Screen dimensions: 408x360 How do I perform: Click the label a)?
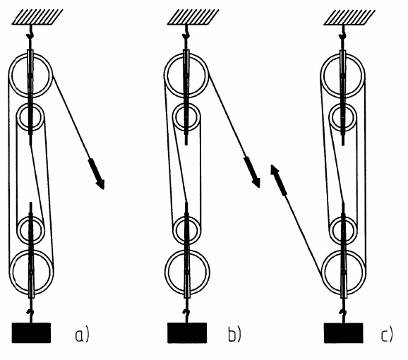point(82,335)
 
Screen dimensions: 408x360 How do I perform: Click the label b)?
point(234,335)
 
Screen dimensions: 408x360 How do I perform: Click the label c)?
point(387,335)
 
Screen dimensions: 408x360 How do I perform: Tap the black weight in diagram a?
point(31,333)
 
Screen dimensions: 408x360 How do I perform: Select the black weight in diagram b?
point(187,333)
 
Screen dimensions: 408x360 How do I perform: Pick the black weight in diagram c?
point(344,333)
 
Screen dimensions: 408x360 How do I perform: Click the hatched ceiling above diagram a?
point(37,17)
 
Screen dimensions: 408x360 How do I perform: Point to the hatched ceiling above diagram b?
point(193,17)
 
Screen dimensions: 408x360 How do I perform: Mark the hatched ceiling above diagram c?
point(349,17)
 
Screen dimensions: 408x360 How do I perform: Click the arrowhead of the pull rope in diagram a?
point(100,184)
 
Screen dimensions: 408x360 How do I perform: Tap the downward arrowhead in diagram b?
point(256,183)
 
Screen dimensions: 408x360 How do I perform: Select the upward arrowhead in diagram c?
point(275,169)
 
